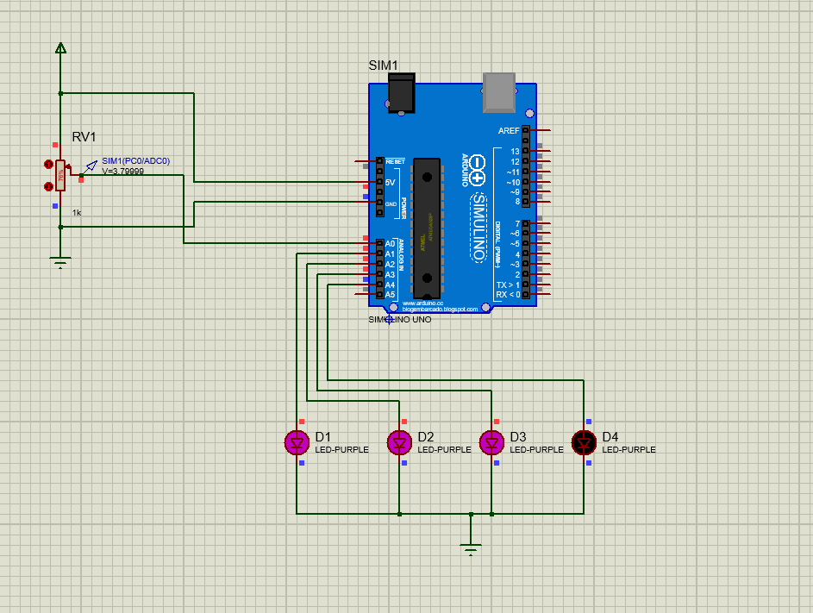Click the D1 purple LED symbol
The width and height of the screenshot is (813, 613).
pyautogui.click(x=297, y=442)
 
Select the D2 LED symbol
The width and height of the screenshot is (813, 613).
pyautogui.click(x=399, y=442)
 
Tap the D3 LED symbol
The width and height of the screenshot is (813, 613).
pyautogui.click(x=491, y=442)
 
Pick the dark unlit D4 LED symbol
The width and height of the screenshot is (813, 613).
pyautogui.click(x=584, y=442)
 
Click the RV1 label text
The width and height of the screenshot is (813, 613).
pyautogui.click(x=84, y=137)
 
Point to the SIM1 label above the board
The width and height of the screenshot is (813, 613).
pyautogui.click(x=383, y=66)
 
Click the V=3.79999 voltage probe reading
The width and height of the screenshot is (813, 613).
pyautogui.click(x=123, y=171)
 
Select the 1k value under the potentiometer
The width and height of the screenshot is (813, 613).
pyautogui.click(x=77, y=212)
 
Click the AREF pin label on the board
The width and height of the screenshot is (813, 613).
pyautogui.click(x=509, y=130)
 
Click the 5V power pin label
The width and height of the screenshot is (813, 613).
pyautogui.click(x=390, y=183)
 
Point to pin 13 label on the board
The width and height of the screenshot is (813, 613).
pyautogui.click(x=515, y=151)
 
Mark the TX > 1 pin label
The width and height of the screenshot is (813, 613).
pyautogui.click(x=508, y=285)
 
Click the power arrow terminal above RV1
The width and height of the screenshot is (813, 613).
pyautogui.click(x=60, y=48)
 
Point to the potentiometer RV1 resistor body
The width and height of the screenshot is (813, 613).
pyautogui.click(x=59, y=175)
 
